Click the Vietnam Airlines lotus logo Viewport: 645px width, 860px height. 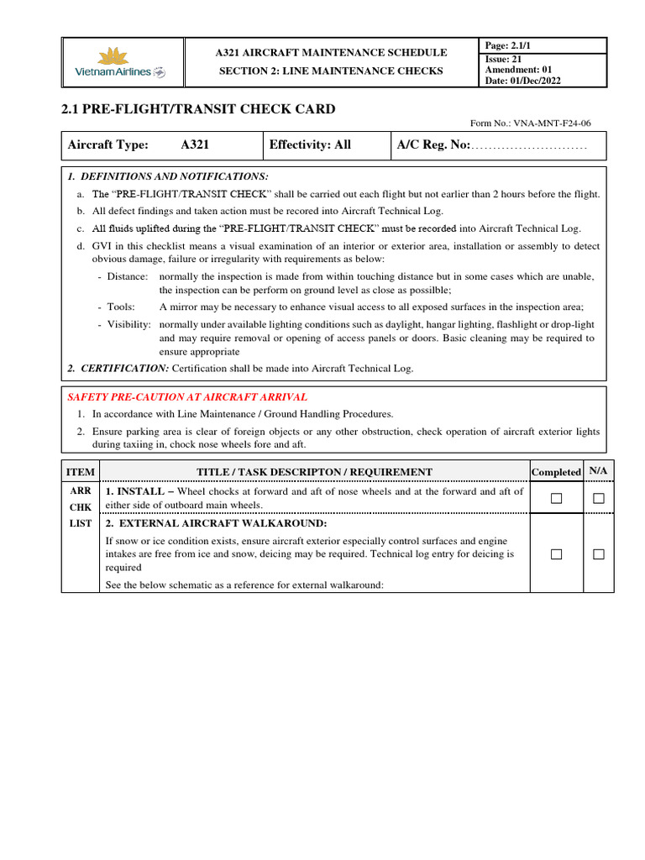(115, 58)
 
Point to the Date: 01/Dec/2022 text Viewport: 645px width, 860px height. (523, 81)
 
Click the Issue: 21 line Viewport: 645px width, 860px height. (504, 59)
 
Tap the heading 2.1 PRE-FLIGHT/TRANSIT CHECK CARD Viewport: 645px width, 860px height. (198, 109)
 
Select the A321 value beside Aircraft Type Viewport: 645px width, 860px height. (196, 145)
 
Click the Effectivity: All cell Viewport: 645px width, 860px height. (310, 145)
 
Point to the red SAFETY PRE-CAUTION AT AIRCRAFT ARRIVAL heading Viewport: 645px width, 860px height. (187, 396)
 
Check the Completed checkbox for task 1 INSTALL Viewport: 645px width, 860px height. (556, 499)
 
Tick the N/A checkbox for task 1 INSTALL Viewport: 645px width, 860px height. (598, 499)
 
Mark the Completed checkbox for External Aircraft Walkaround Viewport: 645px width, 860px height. (556, 554)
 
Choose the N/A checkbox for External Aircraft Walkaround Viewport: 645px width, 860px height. (598, 554)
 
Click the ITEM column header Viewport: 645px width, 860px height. (81, 472)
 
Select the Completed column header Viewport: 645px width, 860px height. (556, 472)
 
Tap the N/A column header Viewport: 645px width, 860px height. (598, 471)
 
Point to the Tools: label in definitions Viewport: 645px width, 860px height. (121, 307)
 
